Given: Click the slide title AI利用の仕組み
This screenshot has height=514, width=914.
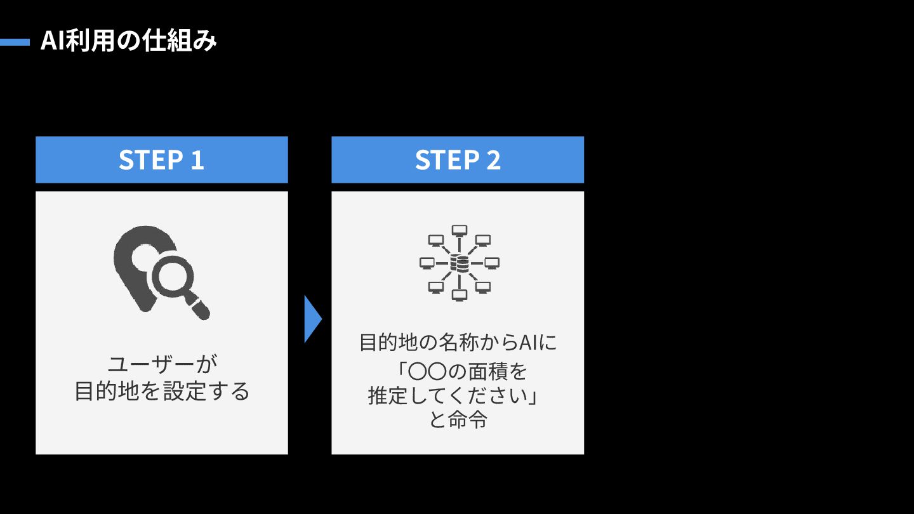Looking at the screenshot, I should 129,42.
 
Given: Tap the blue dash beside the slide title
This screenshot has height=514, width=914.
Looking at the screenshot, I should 15,43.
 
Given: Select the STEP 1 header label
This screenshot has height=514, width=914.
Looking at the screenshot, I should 161,160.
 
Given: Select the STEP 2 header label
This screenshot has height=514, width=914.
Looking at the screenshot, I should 458,160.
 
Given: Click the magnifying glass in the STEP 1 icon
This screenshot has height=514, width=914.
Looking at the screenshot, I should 174,279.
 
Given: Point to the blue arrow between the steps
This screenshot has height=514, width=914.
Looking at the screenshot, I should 312,319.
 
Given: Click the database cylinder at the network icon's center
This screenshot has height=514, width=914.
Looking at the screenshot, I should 459,262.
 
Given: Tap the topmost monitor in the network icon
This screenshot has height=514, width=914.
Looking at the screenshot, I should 459,230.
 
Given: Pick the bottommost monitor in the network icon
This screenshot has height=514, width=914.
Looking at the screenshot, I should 459,295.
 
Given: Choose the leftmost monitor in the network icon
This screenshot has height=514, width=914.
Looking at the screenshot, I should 427,262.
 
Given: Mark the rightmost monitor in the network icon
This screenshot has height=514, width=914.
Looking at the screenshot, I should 492,262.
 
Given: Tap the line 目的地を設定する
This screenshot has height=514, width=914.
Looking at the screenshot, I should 162,391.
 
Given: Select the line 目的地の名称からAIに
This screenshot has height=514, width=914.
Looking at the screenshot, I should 458,343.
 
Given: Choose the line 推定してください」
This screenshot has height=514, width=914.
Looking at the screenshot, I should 453,395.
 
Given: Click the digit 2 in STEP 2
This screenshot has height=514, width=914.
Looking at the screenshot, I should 493,160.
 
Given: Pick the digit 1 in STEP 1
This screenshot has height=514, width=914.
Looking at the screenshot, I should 197,160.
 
